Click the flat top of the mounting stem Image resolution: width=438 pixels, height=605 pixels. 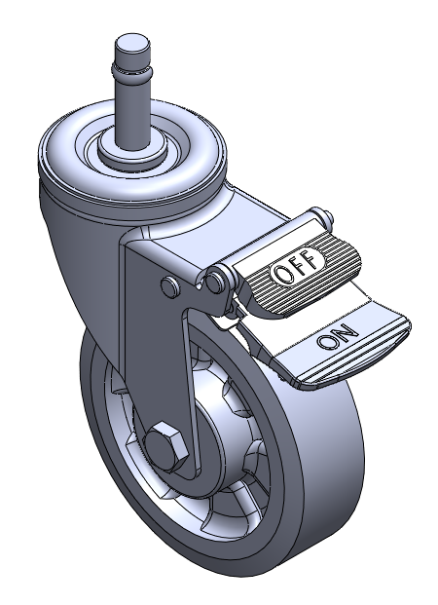pyautogui.click(x=131, y=42)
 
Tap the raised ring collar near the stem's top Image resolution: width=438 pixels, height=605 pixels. pyautogui.click(x=131, y=70)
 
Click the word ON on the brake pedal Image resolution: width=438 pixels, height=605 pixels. pyautogui.click(x=338, y=335)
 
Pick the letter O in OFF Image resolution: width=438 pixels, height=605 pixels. pyautogui.click(x=281, y=275)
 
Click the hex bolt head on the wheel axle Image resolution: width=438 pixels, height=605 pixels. pyautogui.click(x=165, y=446)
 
